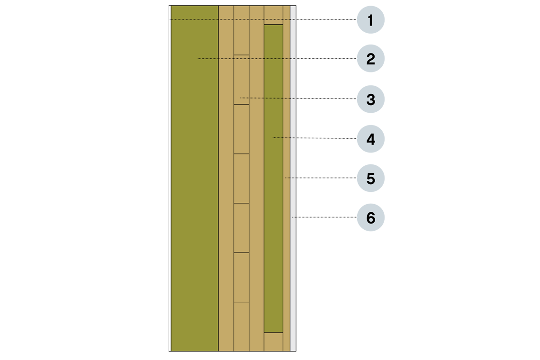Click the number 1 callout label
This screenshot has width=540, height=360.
370,21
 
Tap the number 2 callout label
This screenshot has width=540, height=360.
370,60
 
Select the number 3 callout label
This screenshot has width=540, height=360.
370,100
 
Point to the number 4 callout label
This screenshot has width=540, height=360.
370,140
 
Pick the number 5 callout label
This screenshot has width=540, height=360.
370,179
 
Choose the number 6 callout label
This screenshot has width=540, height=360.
370,218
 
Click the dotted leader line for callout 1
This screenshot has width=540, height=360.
232,19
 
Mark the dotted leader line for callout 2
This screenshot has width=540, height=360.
246,59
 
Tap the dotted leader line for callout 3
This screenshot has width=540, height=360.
268,98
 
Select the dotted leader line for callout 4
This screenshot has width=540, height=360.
284,138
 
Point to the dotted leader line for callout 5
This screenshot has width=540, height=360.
290,178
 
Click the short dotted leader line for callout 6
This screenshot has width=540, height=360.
294,217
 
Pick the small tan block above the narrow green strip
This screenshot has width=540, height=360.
273,15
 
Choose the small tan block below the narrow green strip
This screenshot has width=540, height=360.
273,341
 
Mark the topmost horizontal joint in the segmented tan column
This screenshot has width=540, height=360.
242,55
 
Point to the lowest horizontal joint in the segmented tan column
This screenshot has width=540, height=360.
242,302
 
